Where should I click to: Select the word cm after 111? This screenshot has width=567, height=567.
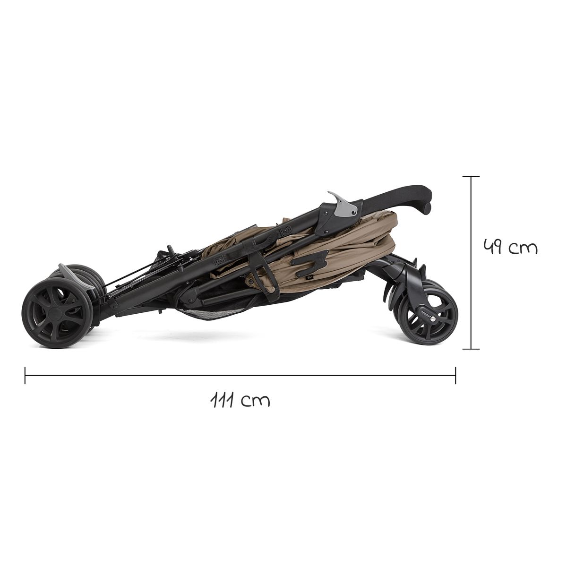(x=255, y=401)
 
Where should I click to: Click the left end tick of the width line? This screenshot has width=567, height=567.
(x=25, y=376)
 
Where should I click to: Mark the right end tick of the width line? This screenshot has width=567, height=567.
(x=455, y=376)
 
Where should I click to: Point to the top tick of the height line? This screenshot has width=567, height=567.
(x=471, y=176)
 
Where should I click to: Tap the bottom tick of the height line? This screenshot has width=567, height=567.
(x=471, y=349)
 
